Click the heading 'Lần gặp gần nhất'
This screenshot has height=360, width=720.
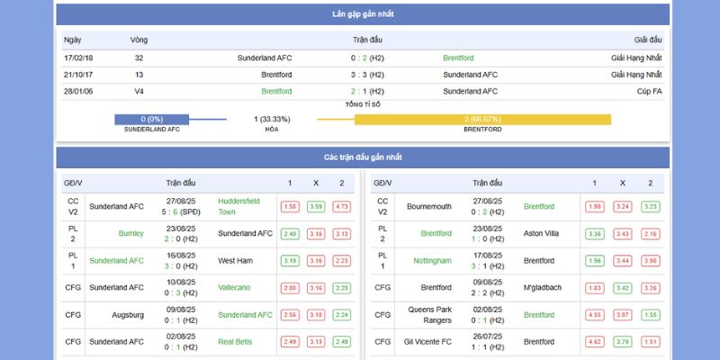point(363,14)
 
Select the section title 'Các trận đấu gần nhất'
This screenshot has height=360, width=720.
point(363,157)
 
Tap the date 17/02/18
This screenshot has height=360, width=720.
point(77,58)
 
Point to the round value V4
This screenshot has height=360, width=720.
point(139,91)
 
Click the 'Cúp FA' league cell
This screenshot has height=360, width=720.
point(647,91)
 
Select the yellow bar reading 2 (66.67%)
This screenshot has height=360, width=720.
point(482,120)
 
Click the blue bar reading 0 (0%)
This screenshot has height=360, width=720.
point(151,120)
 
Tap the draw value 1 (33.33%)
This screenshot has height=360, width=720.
point(272,120)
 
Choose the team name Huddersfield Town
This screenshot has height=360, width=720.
point(238,206)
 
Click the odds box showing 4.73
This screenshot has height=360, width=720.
point(342,206)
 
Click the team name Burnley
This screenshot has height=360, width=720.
point(130,233)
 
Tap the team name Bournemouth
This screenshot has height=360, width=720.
point(428,206)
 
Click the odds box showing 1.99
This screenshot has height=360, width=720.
point(594,206)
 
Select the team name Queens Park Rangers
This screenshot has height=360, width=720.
point(428,314)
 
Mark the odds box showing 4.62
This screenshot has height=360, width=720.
point(594,341)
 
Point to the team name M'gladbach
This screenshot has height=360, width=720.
point(543,287)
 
